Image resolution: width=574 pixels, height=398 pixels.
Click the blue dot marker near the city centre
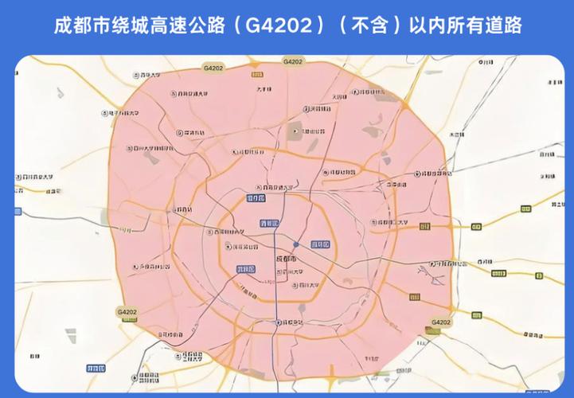click(295, 244)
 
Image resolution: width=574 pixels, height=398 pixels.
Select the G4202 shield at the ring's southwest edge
click(127, 312)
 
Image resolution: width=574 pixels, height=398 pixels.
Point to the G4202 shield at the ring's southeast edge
click(440, 322)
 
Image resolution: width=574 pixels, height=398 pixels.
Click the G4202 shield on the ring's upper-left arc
click(213, 68)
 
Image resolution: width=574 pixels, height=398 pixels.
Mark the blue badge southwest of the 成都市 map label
click(246, 270)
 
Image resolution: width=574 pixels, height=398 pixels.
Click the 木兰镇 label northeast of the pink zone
click(456, 135)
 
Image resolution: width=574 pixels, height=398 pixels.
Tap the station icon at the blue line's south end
click(278, 322)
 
